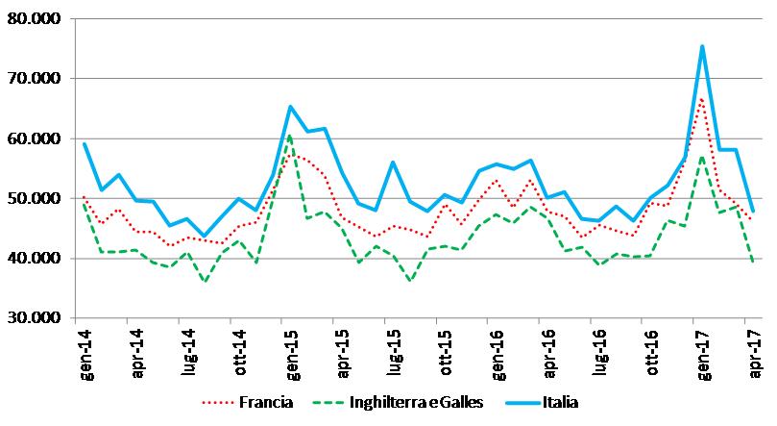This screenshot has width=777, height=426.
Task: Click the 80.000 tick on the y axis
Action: tap(33, 19)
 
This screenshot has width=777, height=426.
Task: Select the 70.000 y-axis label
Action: tap(33, 79)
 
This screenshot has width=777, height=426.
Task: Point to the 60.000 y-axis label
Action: tap(33, 138)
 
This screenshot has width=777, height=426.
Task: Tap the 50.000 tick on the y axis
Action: tap(33, 199)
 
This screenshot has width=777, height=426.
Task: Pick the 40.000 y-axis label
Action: tap(33, 259)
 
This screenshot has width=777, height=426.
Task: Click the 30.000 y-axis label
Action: tap(33, 318)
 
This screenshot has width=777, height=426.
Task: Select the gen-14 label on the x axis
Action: tap(85, 351)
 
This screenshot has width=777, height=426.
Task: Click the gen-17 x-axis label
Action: tap(705, 351)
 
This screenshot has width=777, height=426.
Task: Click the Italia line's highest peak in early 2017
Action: tap(702, 46)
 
